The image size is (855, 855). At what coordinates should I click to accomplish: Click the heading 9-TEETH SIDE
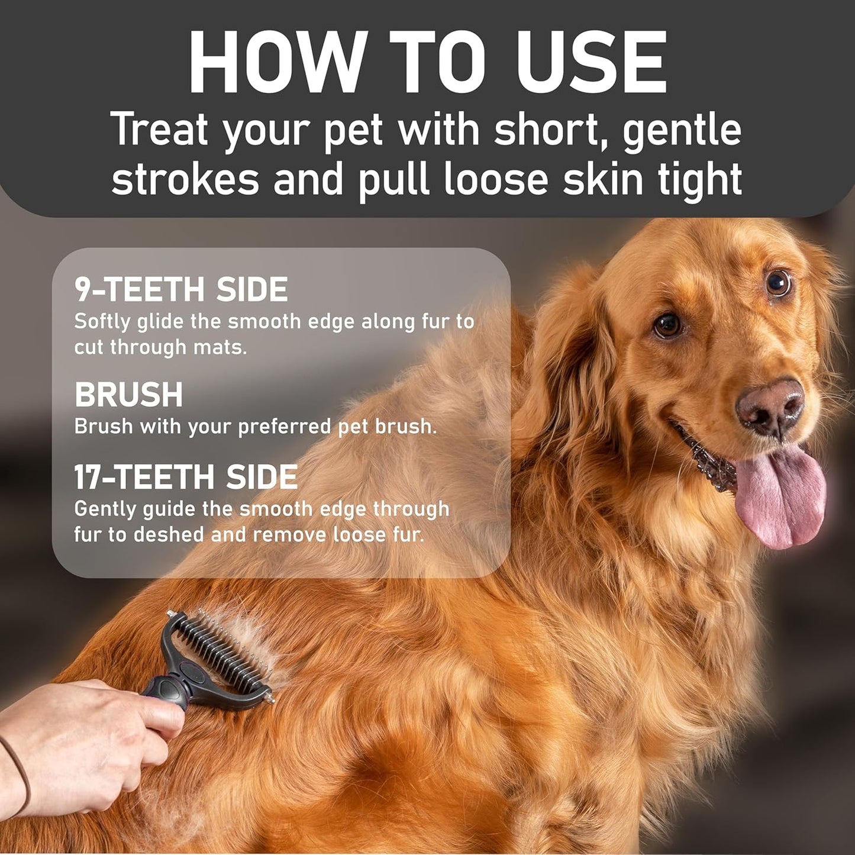point(181,289)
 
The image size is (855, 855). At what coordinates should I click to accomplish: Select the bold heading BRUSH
point(128,395)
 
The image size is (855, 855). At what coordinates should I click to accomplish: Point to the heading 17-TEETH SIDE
point(186,477)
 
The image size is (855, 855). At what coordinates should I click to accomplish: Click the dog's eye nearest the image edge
point(778,282)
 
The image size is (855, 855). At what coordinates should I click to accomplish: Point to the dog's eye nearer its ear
point(668,324)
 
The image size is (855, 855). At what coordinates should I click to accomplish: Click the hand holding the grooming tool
point(89,728)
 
